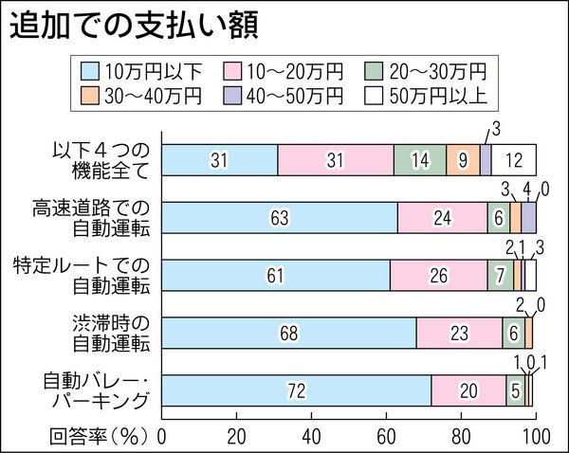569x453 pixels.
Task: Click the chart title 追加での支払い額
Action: point(133,26)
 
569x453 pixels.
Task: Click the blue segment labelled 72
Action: point(297,390)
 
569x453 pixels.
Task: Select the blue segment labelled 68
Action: point(289,333)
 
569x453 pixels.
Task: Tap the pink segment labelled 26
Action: point(438,275)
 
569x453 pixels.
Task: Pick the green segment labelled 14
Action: point(419,160)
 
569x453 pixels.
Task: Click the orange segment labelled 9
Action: point(463,160)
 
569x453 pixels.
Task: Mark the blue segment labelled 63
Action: point(280,217)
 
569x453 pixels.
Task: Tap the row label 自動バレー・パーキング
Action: point(95,390)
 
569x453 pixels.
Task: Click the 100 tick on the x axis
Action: point(535,436)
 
